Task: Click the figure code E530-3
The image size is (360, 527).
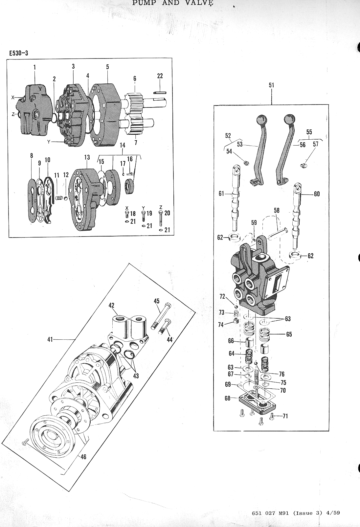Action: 18,53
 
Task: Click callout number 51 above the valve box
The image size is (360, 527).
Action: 271,85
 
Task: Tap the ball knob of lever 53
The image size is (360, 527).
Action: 262,119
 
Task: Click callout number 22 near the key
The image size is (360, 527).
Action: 160,76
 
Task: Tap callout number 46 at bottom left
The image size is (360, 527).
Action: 83,457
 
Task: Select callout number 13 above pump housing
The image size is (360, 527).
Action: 87,158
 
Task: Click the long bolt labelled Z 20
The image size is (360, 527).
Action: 160,218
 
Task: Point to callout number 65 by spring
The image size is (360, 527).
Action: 289,334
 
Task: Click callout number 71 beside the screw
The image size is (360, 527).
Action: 285,416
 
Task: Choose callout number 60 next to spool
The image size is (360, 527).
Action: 317,194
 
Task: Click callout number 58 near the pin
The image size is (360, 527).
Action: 277,211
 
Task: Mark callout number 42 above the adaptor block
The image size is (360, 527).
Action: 111,305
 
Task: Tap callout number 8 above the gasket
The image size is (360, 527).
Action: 32,156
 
